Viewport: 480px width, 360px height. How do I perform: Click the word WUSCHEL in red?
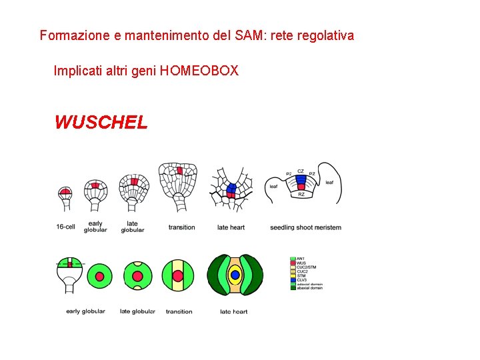101,123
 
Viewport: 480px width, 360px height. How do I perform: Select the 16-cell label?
65,227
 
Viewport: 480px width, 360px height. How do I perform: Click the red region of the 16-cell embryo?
65,191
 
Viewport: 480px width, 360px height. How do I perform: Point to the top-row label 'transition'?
181,227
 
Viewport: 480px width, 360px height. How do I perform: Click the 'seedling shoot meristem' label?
305,227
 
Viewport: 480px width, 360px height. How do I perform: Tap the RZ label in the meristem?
301,195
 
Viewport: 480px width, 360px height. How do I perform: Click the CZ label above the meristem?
301,171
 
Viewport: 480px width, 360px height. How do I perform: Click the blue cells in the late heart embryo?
231,187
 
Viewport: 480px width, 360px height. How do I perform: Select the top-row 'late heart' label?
231,227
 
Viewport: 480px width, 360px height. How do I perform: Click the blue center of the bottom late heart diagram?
235,275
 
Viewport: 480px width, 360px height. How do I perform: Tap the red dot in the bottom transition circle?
177,275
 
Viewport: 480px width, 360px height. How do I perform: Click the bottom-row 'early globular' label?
85,311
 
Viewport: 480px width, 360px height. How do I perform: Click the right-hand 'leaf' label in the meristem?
329,183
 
